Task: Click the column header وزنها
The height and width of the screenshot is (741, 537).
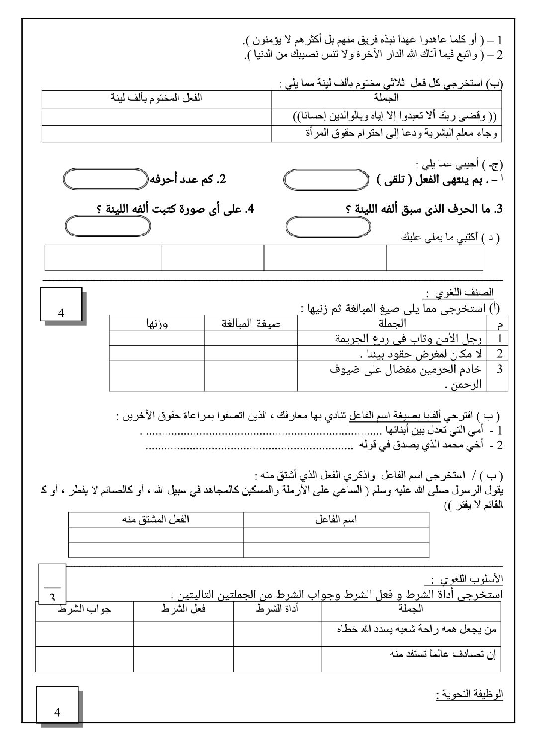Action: (x=157, y=324)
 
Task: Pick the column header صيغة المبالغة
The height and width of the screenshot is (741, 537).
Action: (x=251, y=324)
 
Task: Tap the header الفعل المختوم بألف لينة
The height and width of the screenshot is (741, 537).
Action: (x=157, y=98)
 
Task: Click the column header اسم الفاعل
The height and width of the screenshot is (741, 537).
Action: (x=336, y=519)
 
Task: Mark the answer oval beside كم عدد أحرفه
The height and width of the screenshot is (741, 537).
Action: (x=105, y=179)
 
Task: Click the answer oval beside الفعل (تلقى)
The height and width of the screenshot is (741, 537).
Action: (x=326, y=180)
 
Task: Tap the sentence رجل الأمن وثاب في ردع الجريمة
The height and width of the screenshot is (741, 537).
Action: (x=408, y=339)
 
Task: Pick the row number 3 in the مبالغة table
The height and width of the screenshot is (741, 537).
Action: (x=499, y=369)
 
